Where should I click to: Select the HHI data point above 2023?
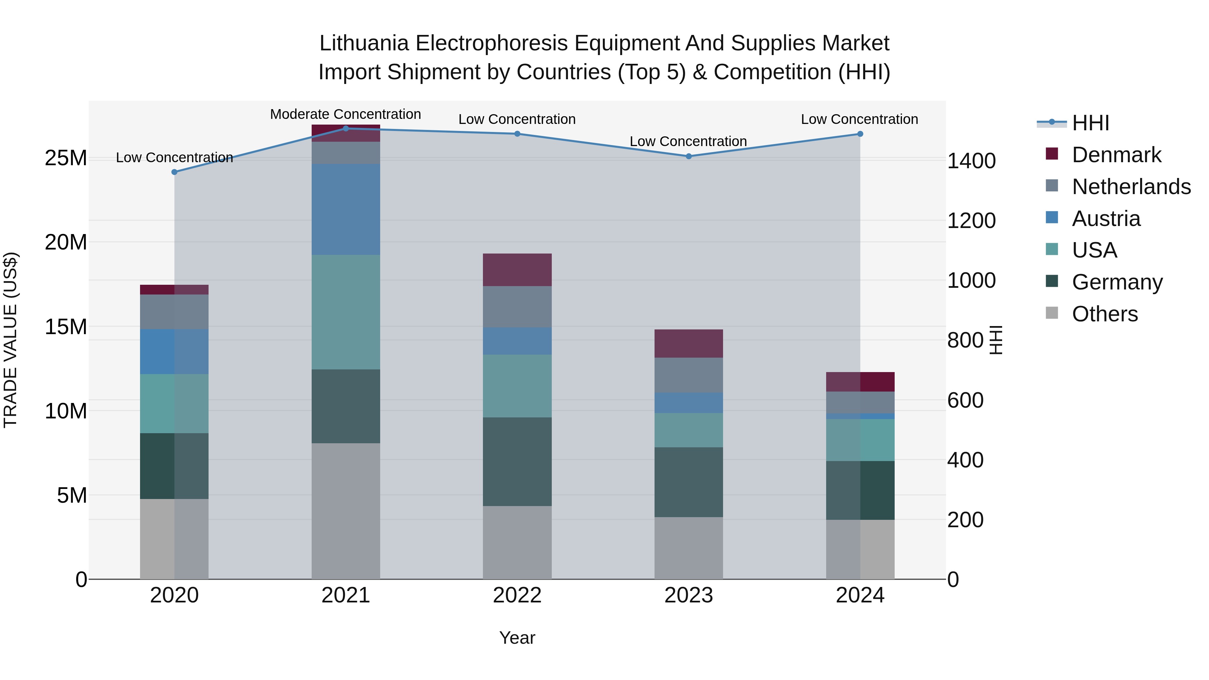point(688,156)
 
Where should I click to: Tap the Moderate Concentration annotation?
point(346,114)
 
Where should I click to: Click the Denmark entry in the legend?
point(1116,155)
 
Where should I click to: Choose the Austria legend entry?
point(1106,219)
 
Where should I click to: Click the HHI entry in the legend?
point(1090,123)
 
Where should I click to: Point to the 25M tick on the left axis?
point(66,158)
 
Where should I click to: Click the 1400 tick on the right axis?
point(971,161)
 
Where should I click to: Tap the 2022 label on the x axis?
point(517,595)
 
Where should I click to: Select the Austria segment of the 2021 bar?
point(346,209)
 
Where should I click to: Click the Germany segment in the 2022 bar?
point(517,462)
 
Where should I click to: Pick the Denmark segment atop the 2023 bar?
point(688,344)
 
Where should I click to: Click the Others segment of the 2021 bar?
point(346,511)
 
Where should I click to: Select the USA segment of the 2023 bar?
point(688,430)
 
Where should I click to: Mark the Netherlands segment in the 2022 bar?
point(517,307)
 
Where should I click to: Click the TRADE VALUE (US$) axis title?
point(10,340)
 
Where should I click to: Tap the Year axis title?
point(517,638)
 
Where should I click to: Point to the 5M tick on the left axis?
point(72,495)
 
